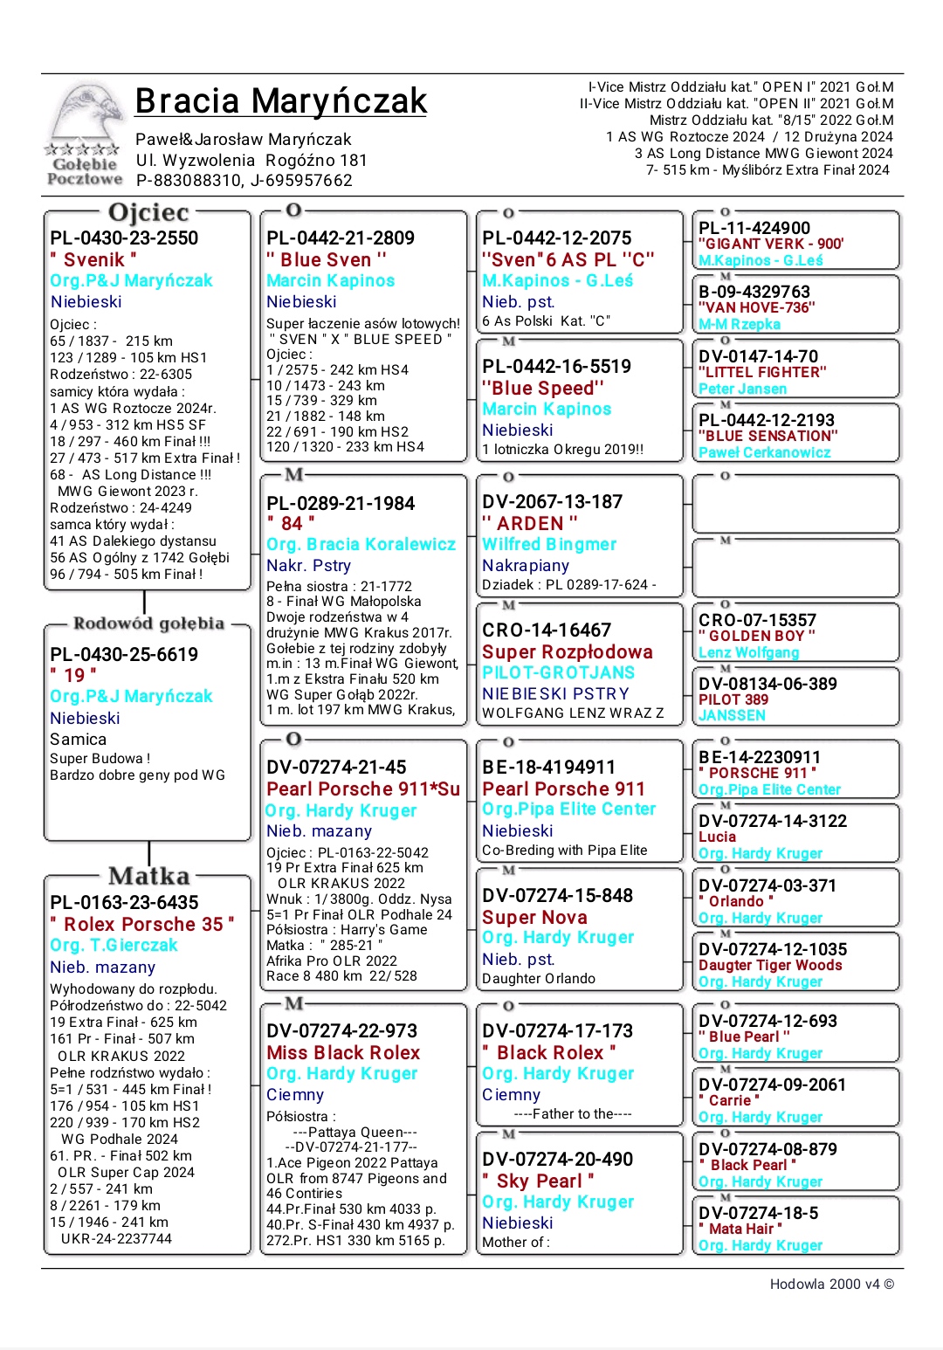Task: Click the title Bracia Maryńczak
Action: pos(280,101)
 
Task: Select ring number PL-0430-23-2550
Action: pos(124,238)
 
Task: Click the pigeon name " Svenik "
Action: pos(93,260)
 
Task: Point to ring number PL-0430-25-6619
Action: pos(124,655)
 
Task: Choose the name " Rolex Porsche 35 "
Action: pos(142,925)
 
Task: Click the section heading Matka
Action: pos(148,876)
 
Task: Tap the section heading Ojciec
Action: pos(148,212)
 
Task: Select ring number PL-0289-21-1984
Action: pos(341,504)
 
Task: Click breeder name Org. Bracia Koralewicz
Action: pos(361,545)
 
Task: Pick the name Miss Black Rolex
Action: pos(343,1053)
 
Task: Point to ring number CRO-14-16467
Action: pos(547,630)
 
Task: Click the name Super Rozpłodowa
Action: pos(568,652)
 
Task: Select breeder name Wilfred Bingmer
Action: pos(549,545)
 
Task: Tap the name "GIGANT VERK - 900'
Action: pos(771,245)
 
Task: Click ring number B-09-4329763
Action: pos(754,292)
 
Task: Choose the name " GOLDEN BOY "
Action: pos(757,637)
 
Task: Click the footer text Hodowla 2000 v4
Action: pos(831,1285)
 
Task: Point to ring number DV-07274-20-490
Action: pos(557,1160)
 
